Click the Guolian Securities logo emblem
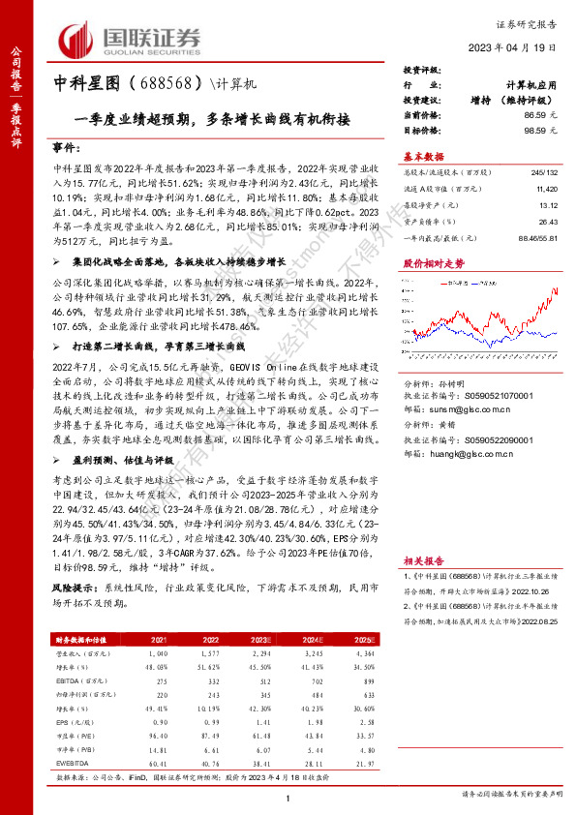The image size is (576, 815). pyautogui.click(x=79, y=39)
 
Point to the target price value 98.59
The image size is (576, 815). pyautogui.click(x=538, y=129)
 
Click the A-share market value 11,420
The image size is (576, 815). pyautogui.click(x=547, y=188)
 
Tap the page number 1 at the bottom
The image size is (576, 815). pyautogui.click(x=288, y=797)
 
